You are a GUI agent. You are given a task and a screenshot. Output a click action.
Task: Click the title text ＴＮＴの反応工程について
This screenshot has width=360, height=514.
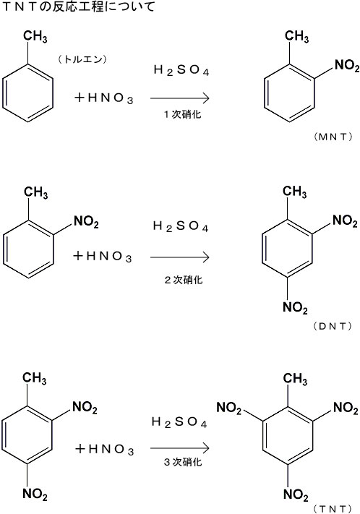78,7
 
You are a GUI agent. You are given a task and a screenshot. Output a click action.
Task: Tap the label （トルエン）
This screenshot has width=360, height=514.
82,59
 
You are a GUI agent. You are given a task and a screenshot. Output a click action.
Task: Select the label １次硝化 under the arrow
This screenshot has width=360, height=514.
182,114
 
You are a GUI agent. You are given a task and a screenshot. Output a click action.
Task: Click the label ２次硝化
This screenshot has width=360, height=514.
184,280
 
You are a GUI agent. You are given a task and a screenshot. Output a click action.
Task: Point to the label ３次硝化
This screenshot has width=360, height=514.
183,462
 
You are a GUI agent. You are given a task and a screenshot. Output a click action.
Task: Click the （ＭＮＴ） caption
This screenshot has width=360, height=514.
333,137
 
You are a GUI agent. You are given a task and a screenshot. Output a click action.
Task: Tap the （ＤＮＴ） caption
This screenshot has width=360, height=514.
333,326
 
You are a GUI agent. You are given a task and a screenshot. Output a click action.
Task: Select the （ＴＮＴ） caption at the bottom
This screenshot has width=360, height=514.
333,508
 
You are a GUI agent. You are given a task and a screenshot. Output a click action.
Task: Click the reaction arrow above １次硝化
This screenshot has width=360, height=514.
180,98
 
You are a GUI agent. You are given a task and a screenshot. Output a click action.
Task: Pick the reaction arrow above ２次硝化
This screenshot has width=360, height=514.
180,257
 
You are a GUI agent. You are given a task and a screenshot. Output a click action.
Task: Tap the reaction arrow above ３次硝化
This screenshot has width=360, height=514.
180,447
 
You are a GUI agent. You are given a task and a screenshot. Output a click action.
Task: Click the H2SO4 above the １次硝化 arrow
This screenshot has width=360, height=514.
181,70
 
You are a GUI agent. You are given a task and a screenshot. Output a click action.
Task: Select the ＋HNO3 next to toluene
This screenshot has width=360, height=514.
103,98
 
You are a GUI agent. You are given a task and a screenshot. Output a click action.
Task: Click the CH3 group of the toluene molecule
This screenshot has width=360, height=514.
35,37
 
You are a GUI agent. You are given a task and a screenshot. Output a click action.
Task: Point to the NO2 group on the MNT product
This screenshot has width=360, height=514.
347,66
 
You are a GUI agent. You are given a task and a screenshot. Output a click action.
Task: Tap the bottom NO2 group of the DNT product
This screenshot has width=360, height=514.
295,308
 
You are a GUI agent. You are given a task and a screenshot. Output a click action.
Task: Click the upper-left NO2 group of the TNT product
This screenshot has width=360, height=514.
229,408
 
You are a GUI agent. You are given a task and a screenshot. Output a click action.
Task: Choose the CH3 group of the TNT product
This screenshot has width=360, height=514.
295,379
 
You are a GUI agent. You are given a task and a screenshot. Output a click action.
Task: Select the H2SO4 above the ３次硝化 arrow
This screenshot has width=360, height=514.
179,422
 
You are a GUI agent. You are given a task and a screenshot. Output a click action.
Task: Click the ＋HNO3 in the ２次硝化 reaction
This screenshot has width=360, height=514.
103,256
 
